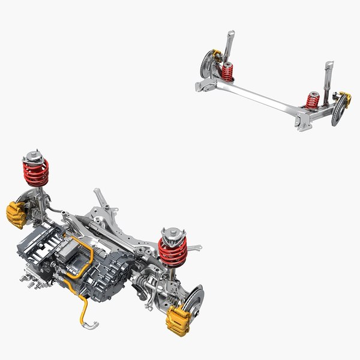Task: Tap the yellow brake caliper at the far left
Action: pos(16,215)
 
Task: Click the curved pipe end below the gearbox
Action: pos(90,325)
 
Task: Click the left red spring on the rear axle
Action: pos(227,73)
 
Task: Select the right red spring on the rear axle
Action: pos(312,100)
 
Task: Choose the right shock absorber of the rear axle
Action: pos(329,78)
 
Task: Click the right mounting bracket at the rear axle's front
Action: pos(302,124)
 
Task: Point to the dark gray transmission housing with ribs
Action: pos(108,276)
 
